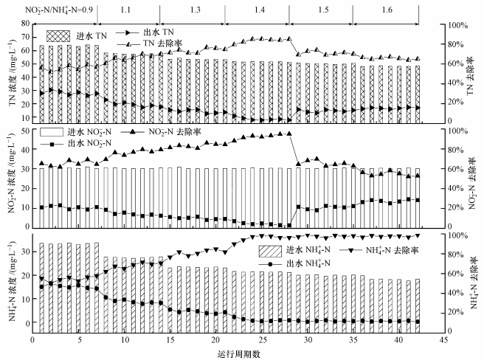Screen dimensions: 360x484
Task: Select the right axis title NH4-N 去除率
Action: click(472, 284)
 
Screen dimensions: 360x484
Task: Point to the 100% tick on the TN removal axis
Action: click(457, 24)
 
